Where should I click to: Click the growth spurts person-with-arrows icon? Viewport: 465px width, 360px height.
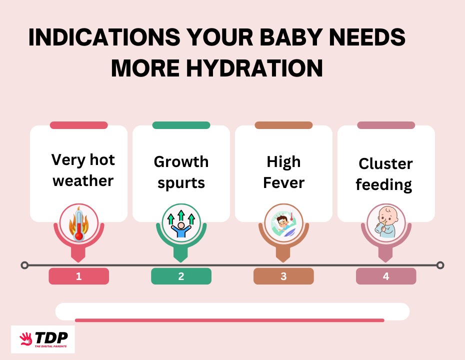[181, 223]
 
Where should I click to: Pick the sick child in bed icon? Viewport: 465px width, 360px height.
[283, 223]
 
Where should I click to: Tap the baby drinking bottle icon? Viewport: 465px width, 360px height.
[386, 223]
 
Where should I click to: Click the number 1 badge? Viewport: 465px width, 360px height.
[78, 276]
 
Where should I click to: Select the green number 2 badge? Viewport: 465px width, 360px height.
[181, 276]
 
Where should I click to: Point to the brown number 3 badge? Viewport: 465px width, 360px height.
[283, 276]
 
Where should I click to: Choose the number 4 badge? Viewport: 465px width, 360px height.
[386, 276]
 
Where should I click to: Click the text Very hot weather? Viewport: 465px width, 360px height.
[83, 170]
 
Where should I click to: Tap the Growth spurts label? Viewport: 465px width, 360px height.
[181, 172]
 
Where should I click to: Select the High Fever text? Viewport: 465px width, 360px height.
[283, 172]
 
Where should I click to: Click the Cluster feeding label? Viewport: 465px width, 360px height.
[385, 174]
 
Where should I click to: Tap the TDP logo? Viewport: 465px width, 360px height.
[43, 339]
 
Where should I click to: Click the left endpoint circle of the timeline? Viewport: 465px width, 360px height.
[24, 265]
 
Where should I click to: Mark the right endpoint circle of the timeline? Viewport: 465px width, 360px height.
[440, 265]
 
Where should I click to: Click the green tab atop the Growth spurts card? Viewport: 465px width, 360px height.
[181, 125]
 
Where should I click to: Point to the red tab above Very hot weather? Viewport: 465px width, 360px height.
[78, 125]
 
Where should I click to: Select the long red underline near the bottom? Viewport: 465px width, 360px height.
[229, 320]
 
